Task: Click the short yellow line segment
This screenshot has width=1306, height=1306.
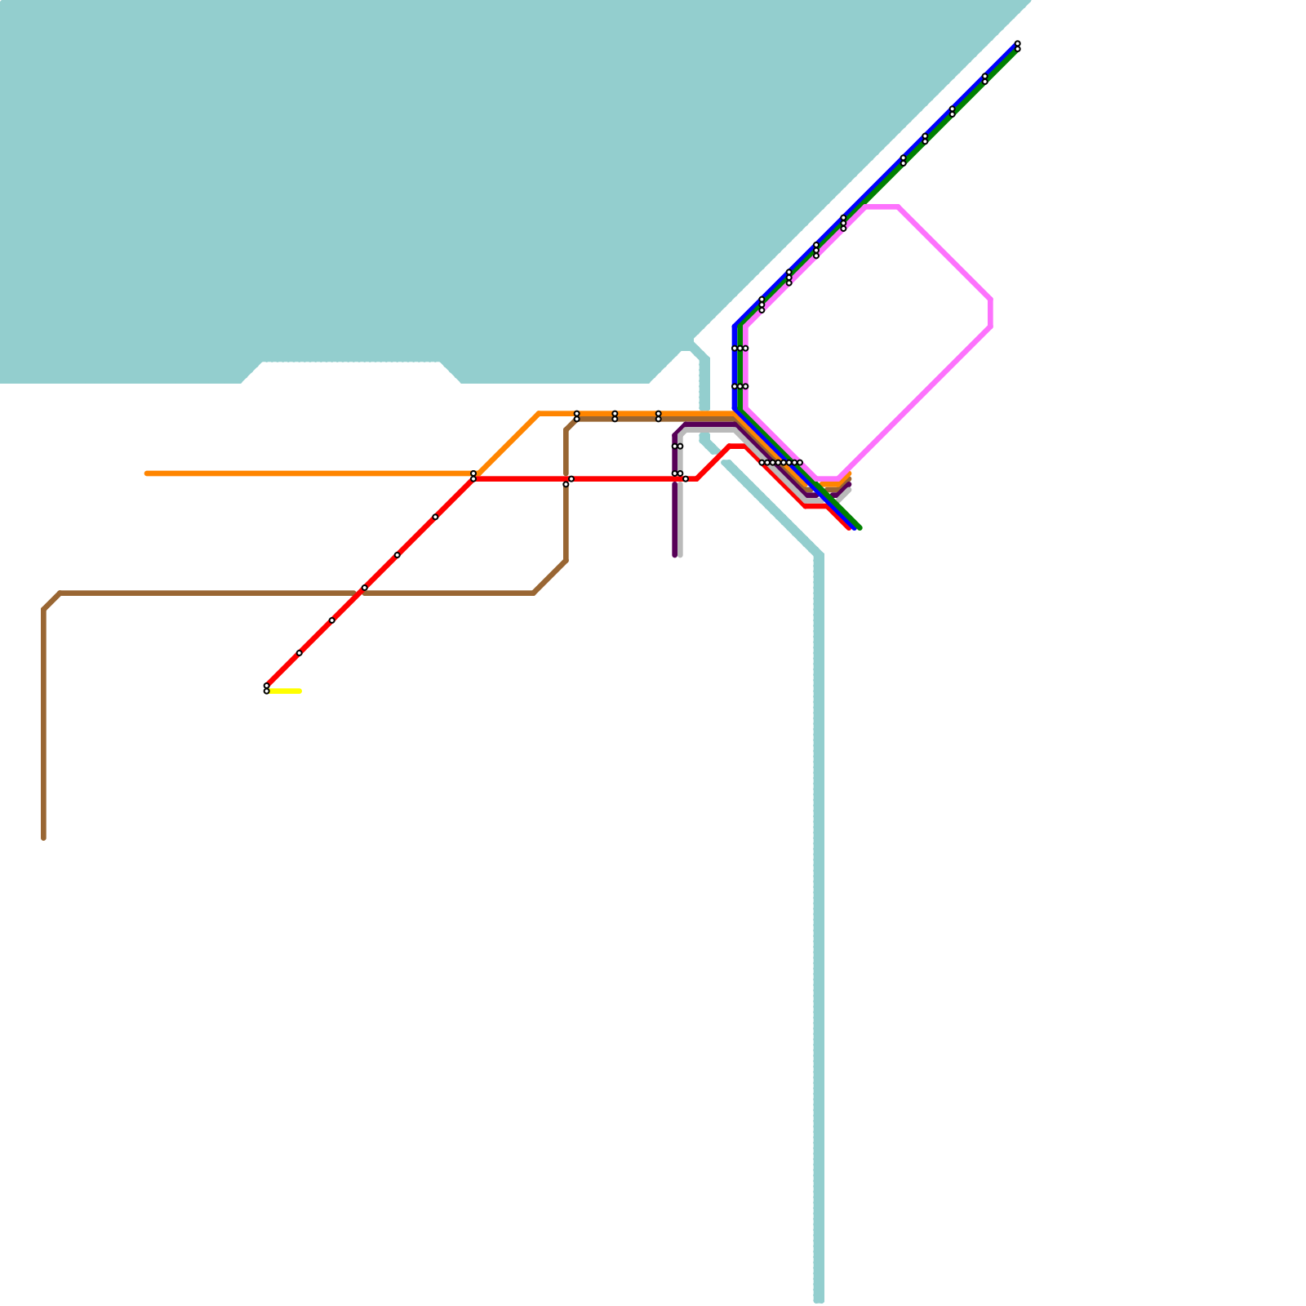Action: pyautogui.click(x=285, y=691)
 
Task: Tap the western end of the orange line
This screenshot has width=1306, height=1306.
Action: pyautogui.click(x=147, y=473)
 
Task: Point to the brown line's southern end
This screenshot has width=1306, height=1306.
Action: pyautogui.click(x=44, y=837)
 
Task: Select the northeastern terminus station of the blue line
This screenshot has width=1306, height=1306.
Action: pyautogui.click(x=1017, y=46)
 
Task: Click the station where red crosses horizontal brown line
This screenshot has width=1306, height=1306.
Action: pyautogui.click(x=364, y=588)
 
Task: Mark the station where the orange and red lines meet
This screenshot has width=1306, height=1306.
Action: pyautogui.click(x=473, y=476)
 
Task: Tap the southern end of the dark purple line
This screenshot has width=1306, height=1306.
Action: pyautogui.click(x=675, y=555)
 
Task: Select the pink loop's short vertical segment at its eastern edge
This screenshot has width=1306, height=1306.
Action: pyautogui.click(x=991, y=313)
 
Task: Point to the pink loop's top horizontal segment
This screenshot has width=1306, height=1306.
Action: pyautogui.click(x=882, y=207)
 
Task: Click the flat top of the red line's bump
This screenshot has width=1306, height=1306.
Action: pyautogui.click(x=737, y=446)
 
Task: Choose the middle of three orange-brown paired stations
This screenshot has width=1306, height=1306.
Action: pyautogui.click(x=615, y=416)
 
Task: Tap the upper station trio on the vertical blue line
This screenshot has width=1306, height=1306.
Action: pyautogui.click(x=740, y=349)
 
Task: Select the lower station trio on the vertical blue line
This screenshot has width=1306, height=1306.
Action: pyautogui.click(x=740, y=386)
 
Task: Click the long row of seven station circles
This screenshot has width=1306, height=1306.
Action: pyautogui.click(x=780, y=463)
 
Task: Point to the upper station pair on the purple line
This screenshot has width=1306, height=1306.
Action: pyautogui.click(x=677, y=446)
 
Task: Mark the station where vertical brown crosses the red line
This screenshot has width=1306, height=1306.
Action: pyautogui.click(x=568, y=481)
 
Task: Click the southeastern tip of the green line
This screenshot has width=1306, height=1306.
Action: pyautogui.click(x=860, y=527)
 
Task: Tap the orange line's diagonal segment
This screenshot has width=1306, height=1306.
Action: pyautogui.click(x=508, y=443)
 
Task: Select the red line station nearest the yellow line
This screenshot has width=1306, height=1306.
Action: pyautogui.click(x=266, y=688)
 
